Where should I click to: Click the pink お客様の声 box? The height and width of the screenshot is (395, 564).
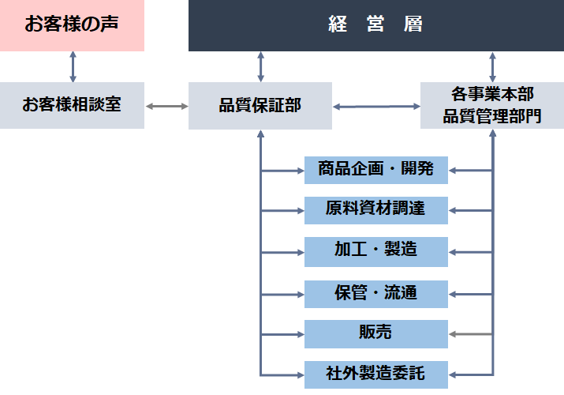72,25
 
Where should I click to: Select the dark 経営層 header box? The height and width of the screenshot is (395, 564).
375,25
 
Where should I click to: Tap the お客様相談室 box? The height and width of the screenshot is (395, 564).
72,105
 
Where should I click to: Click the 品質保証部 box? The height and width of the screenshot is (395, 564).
260,105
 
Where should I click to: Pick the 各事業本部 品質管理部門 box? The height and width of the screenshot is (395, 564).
492,105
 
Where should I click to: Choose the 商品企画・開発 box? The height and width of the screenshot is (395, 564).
375,169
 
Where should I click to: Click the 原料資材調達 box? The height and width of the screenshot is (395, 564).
375,210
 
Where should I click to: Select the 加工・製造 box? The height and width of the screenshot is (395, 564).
375,251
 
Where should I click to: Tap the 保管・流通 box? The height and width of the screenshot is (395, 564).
375,293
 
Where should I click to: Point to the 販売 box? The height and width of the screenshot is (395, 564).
375,334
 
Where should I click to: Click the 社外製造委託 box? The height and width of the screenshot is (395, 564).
375,373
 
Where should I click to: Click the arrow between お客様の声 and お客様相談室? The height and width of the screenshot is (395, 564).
73,66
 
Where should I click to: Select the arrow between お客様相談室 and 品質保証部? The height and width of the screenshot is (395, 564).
166,105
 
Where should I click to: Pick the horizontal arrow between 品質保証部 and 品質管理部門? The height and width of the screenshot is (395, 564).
376,106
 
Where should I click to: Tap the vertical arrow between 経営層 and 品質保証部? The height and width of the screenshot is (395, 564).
260,66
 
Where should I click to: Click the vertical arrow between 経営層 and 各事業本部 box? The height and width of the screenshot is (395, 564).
492,66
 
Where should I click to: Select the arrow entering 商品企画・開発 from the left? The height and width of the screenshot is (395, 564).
282,170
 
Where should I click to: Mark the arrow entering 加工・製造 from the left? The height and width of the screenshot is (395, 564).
282,252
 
